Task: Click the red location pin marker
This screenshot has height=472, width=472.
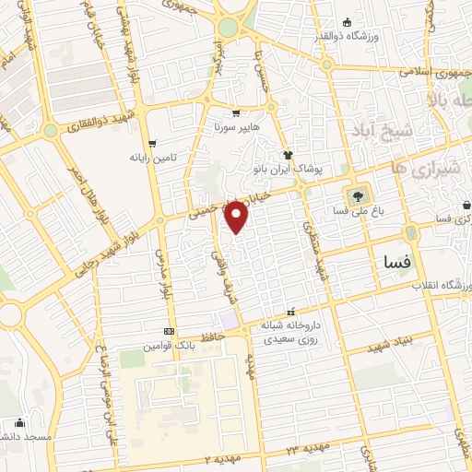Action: [x=237, y=216]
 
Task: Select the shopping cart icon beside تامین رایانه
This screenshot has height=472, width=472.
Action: [x=152, y=143]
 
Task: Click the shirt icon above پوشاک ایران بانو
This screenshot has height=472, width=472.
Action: [x=288, y=156]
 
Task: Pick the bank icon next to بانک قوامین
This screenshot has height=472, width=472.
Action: [x=168, y=331]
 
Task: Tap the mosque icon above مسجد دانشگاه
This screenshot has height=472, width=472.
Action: [x=20, y=423]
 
